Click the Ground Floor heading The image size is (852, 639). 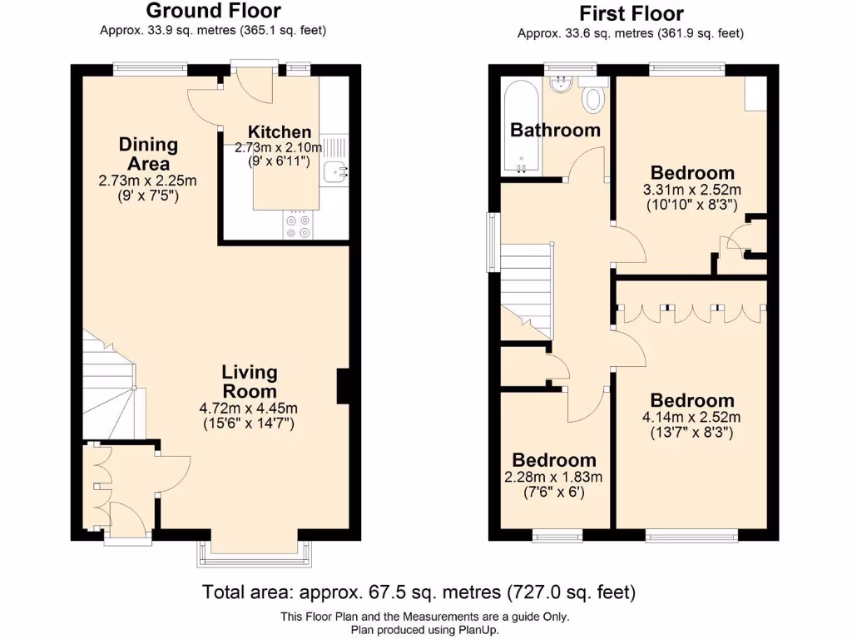point(213,12)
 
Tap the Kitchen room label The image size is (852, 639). point(280,132)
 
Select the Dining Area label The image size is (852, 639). point(148,154)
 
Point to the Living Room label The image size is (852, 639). point(249,382)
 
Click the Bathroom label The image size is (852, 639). point(555,131)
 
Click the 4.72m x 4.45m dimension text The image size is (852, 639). point(249,409)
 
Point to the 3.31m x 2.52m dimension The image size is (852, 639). point(693,191)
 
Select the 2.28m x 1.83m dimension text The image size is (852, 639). point(553,478)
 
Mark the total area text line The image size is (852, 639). point(419,592)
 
